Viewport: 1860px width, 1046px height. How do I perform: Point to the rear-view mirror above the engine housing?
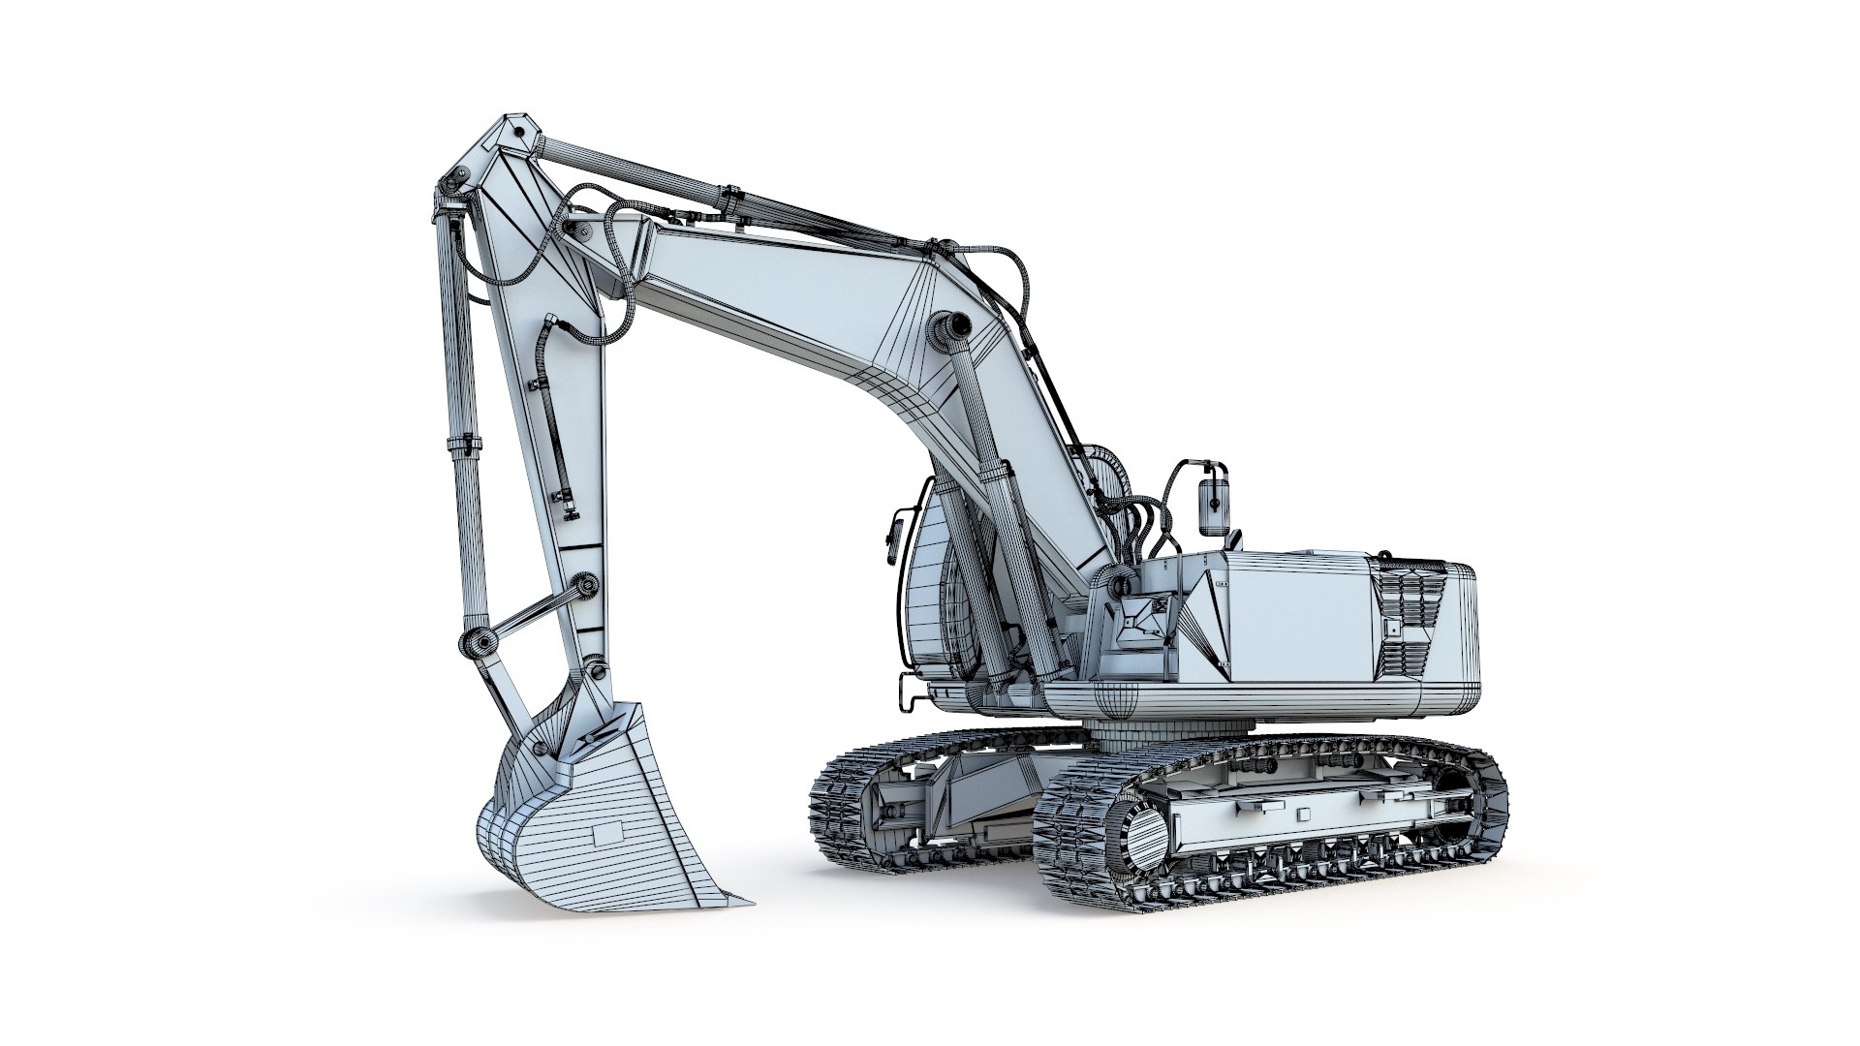[1211, 504]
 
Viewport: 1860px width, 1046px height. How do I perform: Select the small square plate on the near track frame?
[1301, 814]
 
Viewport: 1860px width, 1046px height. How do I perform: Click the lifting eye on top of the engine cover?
[1385, 556]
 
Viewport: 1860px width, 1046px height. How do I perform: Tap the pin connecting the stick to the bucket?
[595, 671]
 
